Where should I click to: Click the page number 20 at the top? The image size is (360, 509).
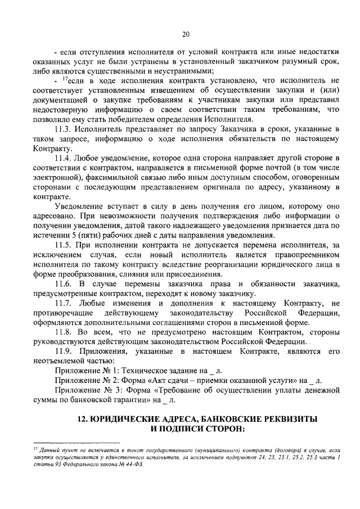point(185,34)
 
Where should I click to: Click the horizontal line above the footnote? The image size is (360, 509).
point(67,442)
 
